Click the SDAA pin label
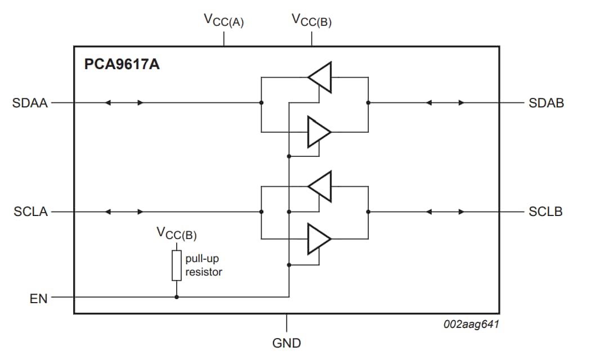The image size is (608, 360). [x=30, y=103]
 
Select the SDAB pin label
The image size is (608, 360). [x=546, y=103]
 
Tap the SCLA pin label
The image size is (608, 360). [x=30, y=212]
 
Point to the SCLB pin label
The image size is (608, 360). [x=546, y=212]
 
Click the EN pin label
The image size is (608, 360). [x=38, y=298]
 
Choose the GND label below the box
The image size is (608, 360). [x=287, y=343]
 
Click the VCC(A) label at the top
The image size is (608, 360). [x=223, y=21]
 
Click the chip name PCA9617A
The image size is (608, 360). [x=122, y=64]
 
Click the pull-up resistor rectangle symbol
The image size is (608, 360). [x=177, y=265]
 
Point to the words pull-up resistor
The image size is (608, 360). [x=203, y=266]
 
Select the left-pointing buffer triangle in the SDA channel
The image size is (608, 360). [x=320, y=77]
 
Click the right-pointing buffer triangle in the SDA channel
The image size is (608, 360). [x=319, y=132]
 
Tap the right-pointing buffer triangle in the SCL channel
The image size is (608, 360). [x=319, y=238]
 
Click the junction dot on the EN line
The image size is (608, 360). [x=177, y=297]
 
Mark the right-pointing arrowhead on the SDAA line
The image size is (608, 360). [x=140, y=103]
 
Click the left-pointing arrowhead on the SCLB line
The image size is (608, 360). [x=429, y=212]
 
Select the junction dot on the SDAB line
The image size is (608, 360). [x=368, y=103]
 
